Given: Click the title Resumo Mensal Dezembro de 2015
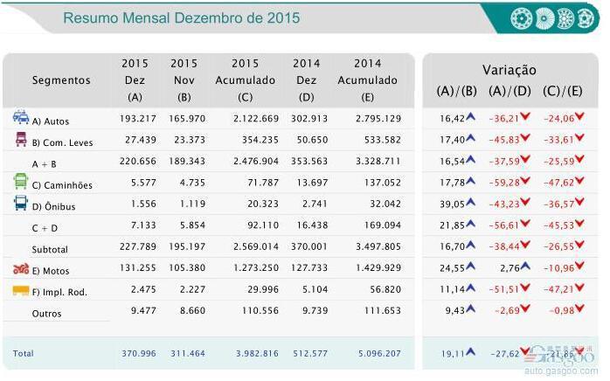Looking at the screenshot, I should (x=181, y=18).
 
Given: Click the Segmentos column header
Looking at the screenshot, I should (x=61, y=80).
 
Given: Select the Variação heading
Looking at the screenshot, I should (x=509, y=70).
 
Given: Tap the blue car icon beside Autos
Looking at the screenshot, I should (x=20, y=118).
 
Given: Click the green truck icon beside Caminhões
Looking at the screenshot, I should (x=20, y=182).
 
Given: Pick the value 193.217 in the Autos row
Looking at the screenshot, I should (x=135, y=120).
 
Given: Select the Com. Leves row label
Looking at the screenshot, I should (x=62, y=142).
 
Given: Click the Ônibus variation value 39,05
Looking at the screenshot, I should (x=452, y=204).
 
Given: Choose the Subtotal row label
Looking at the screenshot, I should (x=50, y=248).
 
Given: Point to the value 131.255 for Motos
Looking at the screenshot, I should (x=135, y=270).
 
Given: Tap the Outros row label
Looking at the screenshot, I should (x=46, y=313).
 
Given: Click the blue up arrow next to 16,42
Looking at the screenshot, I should (x=469, y=118).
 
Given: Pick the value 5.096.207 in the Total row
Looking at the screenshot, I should (x=378, y=353).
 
